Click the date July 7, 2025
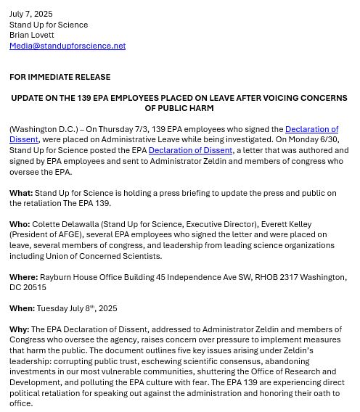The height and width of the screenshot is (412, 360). [31, 14]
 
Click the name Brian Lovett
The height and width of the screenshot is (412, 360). [31, 35]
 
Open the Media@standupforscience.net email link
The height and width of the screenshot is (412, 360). [67, 46]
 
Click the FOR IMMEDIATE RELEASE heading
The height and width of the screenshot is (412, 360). [60, 77]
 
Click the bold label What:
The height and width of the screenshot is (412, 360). [21, 193]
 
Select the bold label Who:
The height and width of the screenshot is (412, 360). [20, 225]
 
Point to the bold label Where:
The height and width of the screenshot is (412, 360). [23, 277]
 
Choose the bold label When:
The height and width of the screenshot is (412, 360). [22, 308]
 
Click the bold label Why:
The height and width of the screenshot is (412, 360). [19, 329]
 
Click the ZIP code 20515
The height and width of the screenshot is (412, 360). [34, 288]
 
